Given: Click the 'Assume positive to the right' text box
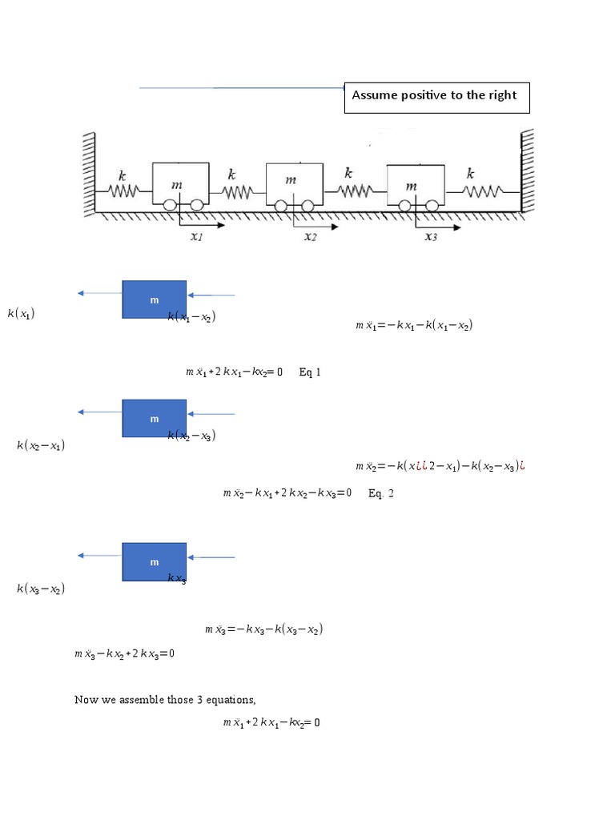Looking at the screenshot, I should click(x=436, y=96).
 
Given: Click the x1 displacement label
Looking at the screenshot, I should click(x=196, y=237).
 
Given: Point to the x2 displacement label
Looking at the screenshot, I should click(x=311, y=237).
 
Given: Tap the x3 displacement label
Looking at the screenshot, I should click(x=431, y=237).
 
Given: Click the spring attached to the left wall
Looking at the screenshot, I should click(x=124, y=191).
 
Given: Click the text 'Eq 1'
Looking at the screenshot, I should click(x=310, y=372).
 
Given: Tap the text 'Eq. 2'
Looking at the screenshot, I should click(x=381, y=493).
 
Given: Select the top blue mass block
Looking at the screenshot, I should click(x=155, y=299).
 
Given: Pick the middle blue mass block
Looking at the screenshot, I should click(x=155, y=418).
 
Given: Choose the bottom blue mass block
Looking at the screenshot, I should click(x=155, y=561).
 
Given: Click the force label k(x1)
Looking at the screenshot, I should click(x=22, y=314).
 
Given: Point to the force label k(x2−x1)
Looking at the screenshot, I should click(x=41, y=445).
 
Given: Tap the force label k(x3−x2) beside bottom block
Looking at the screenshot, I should click(x=41, y=589).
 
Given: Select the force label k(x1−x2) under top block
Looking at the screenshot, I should click(x=191, y=318).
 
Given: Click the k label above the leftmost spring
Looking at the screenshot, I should click(x=122, y=175).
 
